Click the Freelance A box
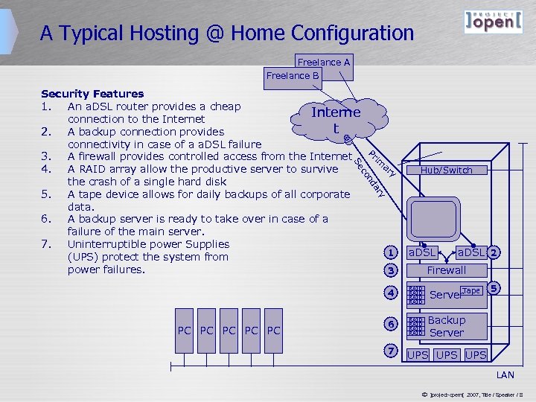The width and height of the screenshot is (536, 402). (x=325, y=63)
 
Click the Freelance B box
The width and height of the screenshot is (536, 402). (x=293, y=75)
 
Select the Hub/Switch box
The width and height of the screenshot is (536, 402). (x=447, y=170)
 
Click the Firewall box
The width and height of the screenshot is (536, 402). (x=447, y=270)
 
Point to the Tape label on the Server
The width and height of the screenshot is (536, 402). (x=471, y=291)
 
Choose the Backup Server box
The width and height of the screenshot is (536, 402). (x=447, y=326)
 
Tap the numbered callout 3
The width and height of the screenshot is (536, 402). (x=390, y=270)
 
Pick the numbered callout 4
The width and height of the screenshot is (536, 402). (x=390, y=293)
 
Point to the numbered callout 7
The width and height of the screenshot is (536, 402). (x=390, y=351)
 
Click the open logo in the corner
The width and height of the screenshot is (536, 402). (x=488, y=22)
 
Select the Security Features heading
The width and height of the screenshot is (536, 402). (x=92, y=94)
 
